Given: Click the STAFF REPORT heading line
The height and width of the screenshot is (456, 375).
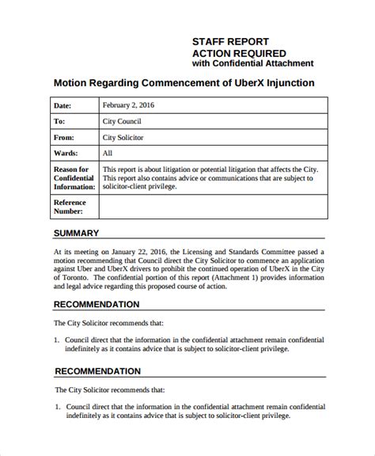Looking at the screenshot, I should (231, 40).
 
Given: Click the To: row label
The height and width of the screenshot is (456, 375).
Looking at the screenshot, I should (59, 122).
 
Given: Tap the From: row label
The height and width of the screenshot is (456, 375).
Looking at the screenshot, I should (63, 138).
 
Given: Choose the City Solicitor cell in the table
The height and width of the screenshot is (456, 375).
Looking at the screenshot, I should (127, 138).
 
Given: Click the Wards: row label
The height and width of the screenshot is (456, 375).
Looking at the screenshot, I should (66, 154).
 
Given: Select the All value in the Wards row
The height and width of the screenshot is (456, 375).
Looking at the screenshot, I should (108, 154).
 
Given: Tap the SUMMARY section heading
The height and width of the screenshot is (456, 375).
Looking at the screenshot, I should (76, 234).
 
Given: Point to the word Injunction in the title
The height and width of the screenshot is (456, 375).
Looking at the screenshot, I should (290, 82).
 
